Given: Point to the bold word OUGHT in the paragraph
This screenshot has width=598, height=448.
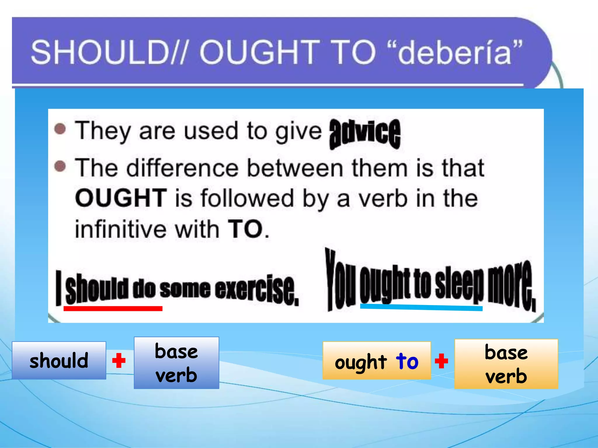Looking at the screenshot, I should [x=121, y=198].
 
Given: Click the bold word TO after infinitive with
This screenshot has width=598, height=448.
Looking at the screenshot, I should [x=245, y=229].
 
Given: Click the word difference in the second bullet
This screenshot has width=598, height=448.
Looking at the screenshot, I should [x=182, y=168].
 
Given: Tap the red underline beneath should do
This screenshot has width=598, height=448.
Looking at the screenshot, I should [x=113, y=309].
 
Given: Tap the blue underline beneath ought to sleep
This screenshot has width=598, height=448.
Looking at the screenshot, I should [x=421, y=307].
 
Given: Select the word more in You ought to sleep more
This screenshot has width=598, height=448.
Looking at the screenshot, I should [x=511, y=284].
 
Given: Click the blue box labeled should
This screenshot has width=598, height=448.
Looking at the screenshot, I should [x=59, y=360].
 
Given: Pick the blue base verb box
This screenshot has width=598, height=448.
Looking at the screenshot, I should [x=176, y=363].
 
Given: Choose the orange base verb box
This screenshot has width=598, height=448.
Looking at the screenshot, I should [x=506, y=364].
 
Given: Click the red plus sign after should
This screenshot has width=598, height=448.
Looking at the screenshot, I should [x=119, y=361].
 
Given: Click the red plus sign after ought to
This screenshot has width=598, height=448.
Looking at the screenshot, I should [x=441, y=361].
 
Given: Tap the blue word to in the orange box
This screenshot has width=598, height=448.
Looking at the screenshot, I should [x=407, y=361].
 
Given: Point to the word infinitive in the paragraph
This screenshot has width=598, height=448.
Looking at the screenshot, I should [x=120, y=229].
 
